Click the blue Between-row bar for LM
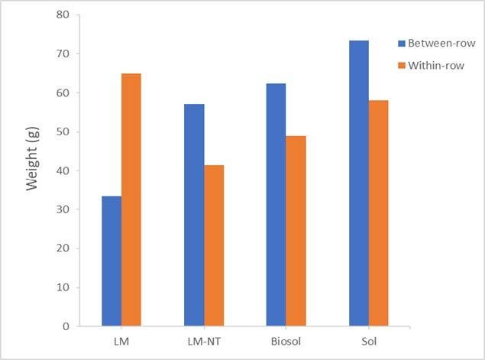pyautogui.click(x=112, y=261)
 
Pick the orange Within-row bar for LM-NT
pyautogui.click(x=214, y=245)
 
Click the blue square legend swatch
pyautogui.click(x=401, y=43)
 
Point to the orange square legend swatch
pyautogui.click(x=401, y=65)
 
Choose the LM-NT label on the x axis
pyautogui.click(x=204, y=340)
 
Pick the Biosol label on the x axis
pyautogui.click(x=286, y=340)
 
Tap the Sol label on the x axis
pyautogui.click(x=369, y=340)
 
